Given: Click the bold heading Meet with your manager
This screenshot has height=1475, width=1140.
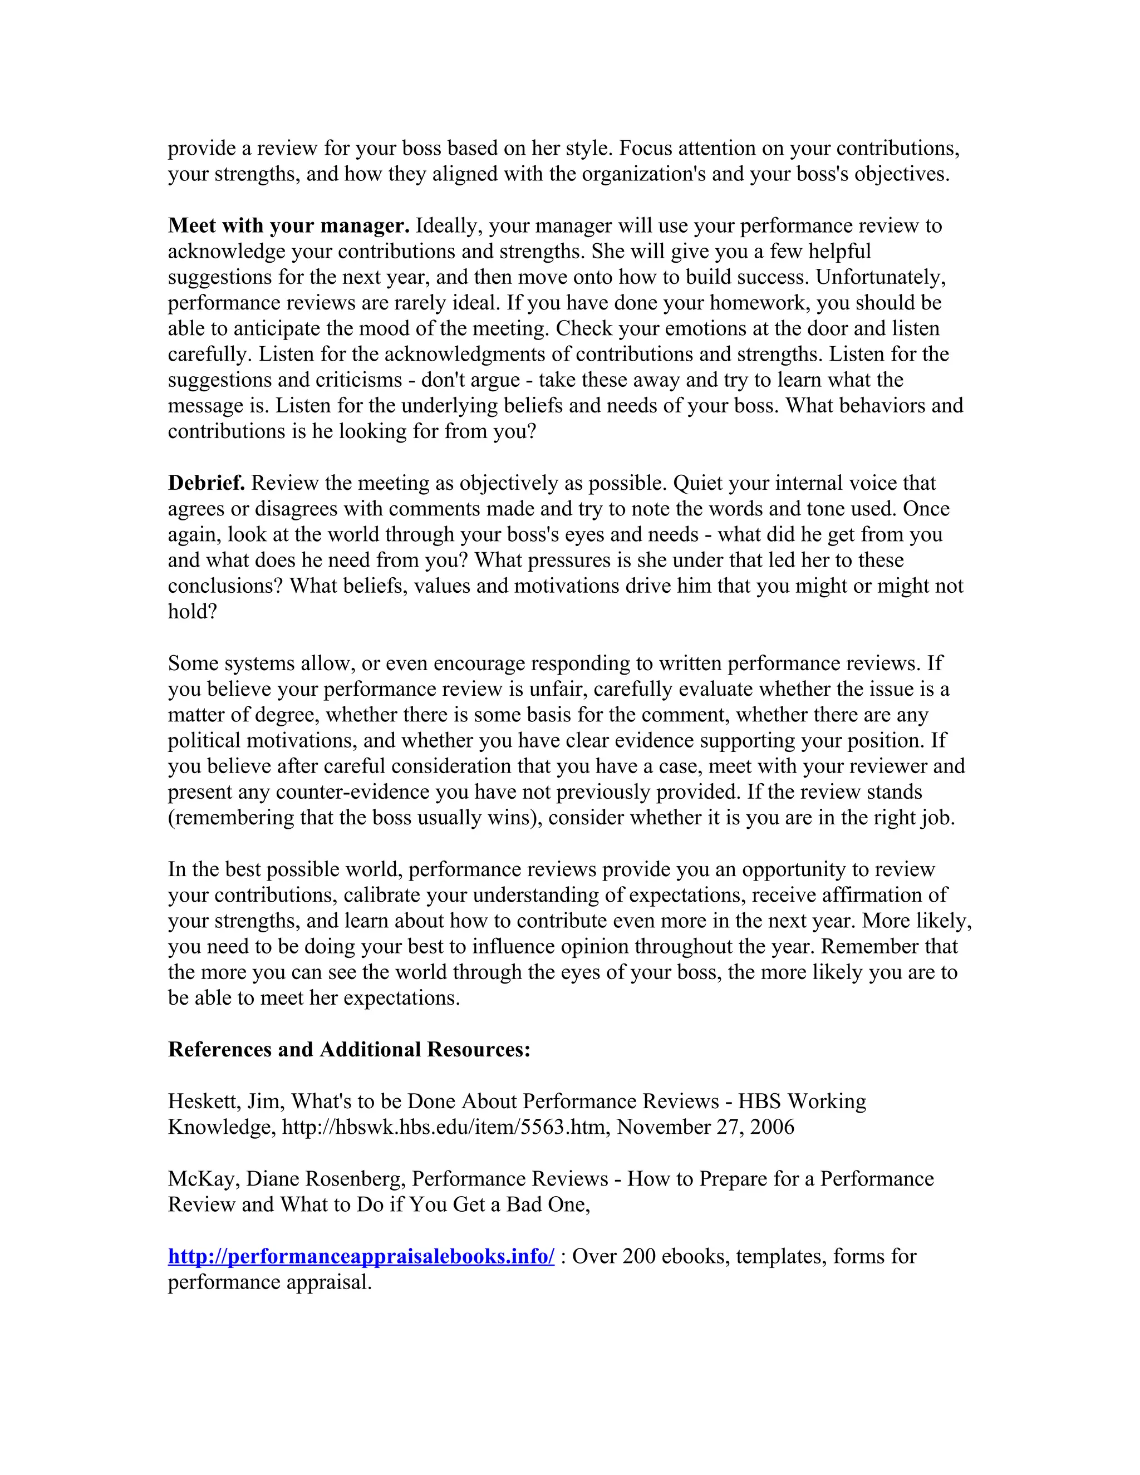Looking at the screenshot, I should point(288,225).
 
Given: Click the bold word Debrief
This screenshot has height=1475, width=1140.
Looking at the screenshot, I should point(206,483).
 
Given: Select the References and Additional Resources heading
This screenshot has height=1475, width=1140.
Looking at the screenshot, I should point(349,1049).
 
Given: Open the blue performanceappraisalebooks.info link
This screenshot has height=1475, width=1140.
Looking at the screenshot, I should point(361,1256).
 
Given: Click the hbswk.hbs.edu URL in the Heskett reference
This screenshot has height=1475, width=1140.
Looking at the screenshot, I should point(443,1127).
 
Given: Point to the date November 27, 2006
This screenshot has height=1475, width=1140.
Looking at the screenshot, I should point(705,1127).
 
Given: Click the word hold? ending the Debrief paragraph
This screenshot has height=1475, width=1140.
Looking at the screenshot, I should point(193,611).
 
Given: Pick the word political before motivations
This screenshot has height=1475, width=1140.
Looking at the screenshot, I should point(206,740).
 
